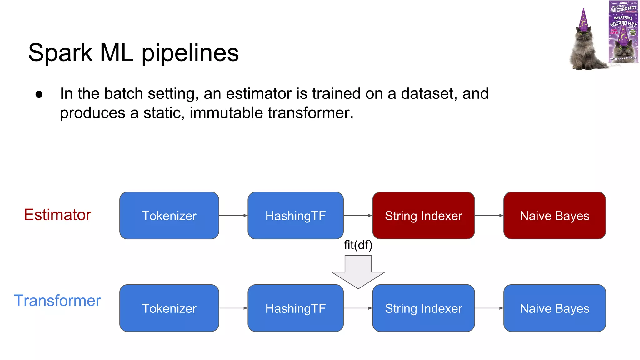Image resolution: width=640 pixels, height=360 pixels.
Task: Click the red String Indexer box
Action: point(423,216)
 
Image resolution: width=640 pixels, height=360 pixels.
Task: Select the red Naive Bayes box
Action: point(554,216)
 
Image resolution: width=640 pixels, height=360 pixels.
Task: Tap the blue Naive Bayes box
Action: point(554,308)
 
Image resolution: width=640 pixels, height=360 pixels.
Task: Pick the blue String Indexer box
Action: point(423,308)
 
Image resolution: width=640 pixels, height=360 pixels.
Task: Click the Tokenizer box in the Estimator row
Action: point(169,216)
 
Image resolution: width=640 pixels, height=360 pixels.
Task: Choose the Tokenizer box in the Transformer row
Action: point(169,308)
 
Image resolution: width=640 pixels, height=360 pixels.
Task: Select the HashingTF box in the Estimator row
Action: point(295,216)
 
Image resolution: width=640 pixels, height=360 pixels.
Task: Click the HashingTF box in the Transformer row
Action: point(295,308)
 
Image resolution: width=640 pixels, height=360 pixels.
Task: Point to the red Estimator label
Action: point(57,215)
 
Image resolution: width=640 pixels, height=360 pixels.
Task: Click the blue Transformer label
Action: point(57,301)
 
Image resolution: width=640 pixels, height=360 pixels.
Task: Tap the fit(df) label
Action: point(358,245)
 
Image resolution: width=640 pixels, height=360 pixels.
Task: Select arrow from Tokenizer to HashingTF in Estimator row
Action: point(233,215)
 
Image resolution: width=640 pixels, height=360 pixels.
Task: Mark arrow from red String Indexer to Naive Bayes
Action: point(489,215)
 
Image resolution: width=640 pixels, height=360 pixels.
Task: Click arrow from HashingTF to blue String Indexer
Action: point(358,308)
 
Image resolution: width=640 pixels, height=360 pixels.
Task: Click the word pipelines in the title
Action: point(190,53)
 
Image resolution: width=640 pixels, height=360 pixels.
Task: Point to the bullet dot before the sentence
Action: point(39,94)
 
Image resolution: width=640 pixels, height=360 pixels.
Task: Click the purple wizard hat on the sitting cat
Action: point(583,20)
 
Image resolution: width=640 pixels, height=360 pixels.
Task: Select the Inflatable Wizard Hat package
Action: point(623,32)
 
